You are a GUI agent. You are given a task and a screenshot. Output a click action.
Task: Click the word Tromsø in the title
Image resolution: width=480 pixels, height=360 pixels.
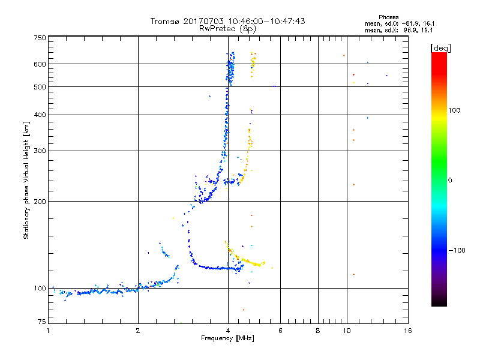[165, 21]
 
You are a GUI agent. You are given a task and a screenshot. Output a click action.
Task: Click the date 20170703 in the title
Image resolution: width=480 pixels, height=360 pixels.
[203, 21]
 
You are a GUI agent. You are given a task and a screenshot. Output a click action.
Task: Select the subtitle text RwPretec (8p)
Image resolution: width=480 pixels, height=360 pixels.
[227, 29]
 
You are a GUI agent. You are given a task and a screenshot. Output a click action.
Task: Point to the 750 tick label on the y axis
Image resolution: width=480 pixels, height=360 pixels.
[40, 38]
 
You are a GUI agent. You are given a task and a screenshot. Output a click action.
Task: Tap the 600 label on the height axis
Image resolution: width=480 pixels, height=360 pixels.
[40, 64]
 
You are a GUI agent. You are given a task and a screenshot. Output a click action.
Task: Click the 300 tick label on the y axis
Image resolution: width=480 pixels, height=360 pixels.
[40, 151]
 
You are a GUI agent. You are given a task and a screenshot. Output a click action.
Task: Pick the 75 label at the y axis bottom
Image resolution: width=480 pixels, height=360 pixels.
[42, 322]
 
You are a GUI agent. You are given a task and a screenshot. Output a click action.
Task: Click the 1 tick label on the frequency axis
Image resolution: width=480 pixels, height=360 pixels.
[49, 331]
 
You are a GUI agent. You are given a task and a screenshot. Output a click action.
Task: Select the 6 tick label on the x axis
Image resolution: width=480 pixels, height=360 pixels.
[280, 331]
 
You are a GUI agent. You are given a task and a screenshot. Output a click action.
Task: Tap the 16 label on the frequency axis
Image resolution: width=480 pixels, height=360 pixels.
[408, 331]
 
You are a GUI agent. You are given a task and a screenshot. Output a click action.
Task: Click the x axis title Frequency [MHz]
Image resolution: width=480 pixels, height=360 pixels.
[227, 338]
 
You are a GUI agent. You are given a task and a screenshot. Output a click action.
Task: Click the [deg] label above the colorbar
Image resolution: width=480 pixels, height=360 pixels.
[440, 48]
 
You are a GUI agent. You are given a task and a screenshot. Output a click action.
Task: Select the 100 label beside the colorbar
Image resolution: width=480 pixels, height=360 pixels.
[454, 110]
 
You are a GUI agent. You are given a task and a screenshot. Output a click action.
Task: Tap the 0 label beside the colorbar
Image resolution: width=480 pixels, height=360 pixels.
[450, 181]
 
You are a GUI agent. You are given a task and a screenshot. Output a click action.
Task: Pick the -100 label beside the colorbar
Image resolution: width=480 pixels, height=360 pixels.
[457, 250]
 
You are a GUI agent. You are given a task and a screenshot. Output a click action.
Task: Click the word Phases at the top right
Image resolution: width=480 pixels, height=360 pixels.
[388, 17]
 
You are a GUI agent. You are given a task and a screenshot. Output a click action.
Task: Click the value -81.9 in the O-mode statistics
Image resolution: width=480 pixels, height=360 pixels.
[410, 23]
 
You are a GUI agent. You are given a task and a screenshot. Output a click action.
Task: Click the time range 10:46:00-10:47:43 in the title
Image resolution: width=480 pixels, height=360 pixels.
[266, 21]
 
